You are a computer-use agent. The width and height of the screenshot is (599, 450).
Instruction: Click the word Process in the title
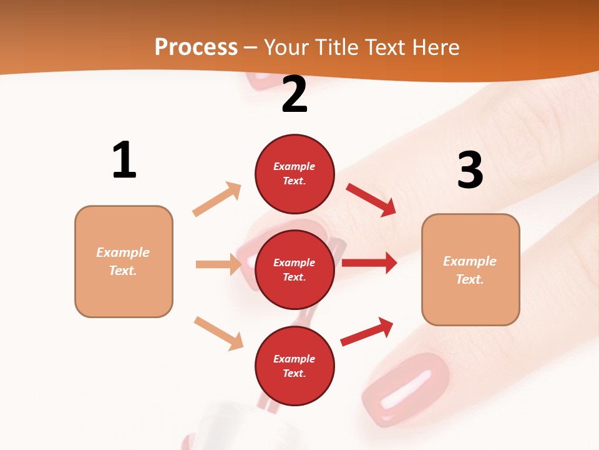pos(196,47)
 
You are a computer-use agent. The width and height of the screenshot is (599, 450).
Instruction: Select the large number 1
pos(124,160)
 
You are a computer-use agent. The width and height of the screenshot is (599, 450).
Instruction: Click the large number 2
pos(295,94)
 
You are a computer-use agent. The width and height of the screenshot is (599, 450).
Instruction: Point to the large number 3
pos(470,171)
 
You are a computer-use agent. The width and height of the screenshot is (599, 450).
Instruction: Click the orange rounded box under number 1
pos(124,261)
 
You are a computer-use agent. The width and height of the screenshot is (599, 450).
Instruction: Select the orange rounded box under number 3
pos(470,269)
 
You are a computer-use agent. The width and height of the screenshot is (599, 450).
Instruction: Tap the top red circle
pos(295,174)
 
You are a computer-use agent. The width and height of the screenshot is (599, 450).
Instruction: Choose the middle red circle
pos(295,269)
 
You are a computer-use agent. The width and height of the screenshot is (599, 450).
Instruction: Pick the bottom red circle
pos(295,366)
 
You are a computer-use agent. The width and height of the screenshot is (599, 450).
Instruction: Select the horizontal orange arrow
pos(218,264)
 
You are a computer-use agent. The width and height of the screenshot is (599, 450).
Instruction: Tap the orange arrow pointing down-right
pos(218,333)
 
